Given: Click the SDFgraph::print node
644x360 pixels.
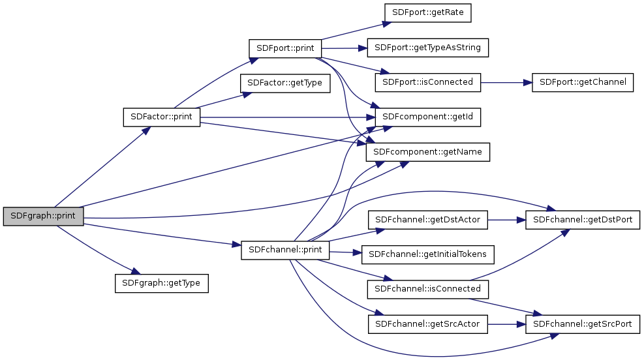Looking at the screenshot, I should click(x=43, y=217).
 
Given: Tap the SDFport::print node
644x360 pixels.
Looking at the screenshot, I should click(x=285, y=48).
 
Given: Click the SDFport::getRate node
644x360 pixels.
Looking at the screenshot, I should click(x=428, y=12).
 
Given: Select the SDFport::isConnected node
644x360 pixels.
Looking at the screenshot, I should click(x=428, y=83).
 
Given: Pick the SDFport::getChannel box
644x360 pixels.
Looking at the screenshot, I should click(x=583, y=83).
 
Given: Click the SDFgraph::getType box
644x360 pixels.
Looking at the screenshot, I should click(x=161, y=284).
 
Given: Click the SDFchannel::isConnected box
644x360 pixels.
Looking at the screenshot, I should click(x=428, y=288).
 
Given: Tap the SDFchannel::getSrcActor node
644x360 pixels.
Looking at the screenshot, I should click(x=428, y=323).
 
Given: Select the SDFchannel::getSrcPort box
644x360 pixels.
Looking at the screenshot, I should click(x=583, y=323).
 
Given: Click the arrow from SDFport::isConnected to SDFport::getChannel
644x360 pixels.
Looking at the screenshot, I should click(x=506, y=83).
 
